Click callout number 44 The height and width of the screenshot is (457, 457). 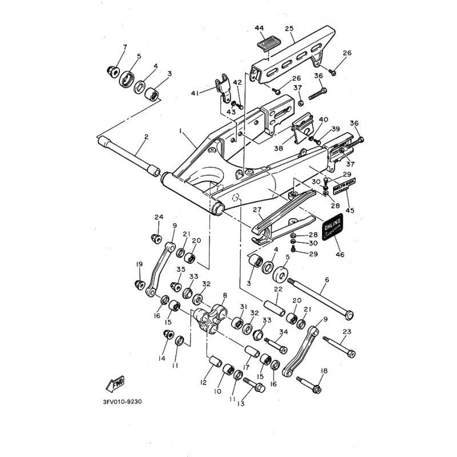(259, 28)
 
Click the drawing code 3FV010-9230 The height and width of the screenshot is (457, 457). (122, 402)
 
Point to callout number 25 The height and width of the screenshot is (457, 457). (288, 28)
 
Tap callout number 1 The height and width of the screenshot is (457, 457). (181, 131)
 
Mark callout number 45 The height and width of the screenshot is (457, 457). (350, 210)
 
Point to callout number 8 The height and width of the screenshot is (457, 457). (225, 295)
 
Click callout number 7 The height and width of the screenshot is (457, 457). (125, 46)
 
